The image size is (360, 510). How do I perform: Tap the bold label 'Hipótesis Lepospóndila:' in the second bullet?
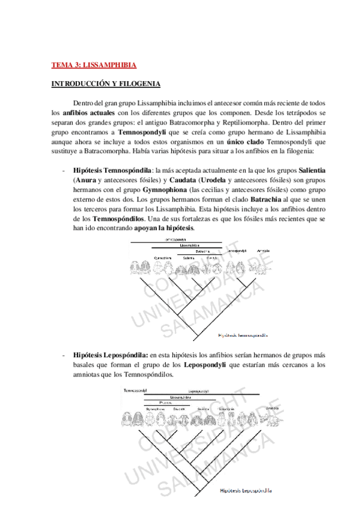[x=110, y=354]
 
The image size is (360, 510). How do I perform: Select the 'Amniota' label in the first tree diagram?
[x=263, y=250]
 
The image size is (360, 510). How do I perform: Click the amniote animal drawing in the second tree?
[x=272, y=419]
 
